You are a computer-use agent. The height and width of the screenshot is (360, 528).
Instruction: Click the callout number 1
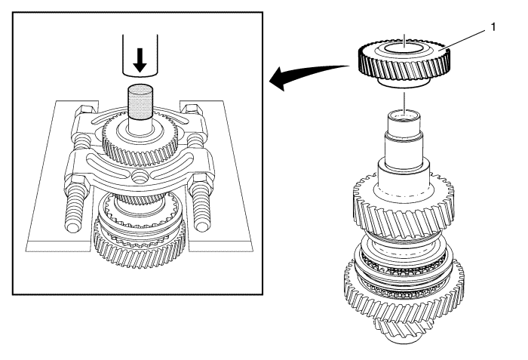click(493, 27)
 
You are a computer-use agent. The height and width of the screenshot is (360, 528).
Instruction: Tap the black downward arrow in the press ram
click(140, 60)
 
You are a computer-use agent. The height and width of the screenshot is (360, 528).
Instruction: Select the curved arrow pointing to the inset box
click(310, 75)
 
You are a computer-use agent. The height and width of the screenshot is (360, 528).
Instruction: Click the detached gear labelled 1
click(404, 63)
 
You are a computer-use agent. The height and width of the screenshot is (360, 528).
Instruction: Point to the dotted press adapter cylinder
click(140, 102)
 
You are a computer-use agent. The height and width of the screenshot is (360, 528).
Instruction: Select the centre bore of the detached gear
click(404, 48)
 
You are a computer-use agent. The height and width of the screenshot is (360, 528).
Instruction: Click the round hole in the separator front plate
click(139, 176)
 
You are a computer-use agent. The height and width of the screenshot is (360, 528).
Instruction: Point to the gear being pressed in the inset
click(140, 146)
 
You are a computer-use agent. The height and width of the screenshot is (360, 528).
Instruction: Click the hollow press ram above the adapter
click(140, 55)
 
